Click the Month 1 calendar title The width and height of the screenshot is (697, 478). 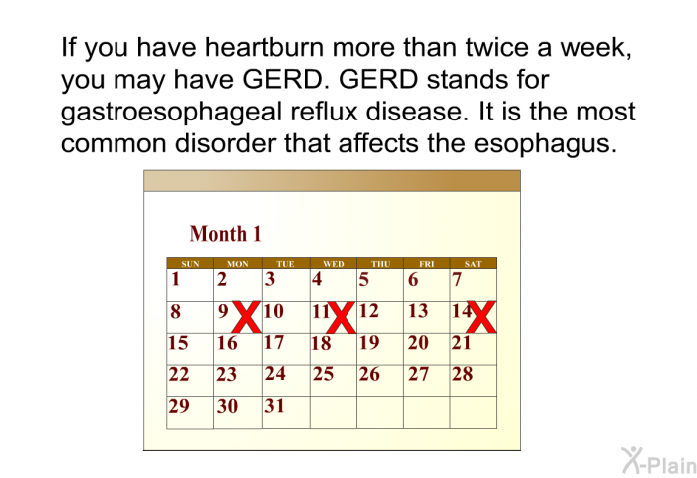click(x=225, y=234)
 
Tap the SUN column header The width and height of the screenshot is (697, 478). click(x=190, y=264)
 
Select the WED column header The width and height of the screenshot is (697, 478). click(x=334, y=264)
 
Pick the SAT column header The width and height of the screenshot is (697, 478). click(x=473, y=264)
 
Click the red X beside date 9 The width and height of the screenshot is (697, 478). click(x=246, y=317)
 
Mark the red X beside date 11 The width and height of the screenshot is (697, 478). click(x=341, y=317)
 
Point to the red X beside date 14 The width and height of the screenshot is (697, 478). click(x=481, y=317)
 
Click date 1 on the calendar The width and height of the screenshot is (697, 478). click(x=175, y=281)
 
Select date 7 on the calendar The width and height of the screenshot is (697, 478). click(x=457, y=281)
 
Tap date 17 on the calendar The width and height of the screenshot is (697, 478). click(x=274, y=343)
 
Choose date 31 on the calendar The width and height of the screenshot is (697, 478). click(x=274, y=406)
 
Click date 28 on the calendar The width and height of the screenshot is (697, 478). click(x=462, y=375)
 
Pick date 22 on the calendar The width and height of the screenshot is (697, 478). click(x=179, y=375)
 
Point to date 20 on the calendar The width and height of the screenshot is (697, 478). click(x=418, y=343)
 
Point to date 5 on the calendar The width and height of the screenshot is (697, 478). click(x=363, y=281)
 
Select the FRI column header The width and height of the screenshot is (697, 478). click(x=426, y=264)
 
